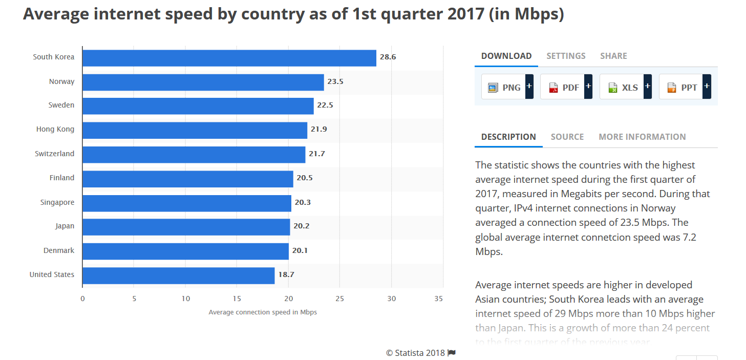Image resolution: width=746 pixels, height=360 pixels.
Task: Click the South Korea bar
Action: [229, 58]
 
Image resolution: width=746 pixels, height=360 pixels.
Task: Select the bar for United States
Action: [178, 276]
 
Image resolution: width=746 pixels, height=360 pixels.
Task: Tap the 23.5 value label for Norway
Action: [335, 81]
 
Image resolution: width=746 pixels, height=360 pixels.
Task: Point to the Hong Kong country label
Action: [55, 129]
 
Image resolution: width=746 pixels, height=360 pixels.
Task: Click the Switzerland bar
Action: [194, 155]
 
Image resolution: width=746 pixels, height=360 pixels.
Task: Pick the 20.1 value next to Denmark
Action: [300, 251]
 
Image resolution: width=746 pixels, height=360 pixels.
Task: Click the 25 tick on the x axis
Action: [340, 299]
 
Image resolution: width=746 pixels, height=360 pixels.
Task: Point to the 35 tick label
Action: [438, 299]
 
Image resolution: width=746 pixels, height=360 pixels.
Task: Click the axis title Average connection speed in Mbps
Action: [263, 312]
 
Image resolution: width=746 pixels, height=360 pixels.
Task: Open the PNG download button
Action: [507, 88]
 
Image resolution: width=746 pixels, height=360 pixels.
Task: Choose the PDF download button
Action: [566, 88]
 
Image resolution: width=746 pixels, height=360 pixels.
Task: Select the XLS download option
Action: [625, 88]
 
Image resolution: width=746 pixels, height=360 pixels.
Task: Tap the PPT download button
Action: [685, 88]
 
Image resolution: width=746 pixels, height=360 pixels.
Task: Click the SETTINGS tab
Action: [566, 56]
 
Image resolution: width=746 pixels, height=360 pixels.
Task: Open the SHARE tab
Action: [613, 56]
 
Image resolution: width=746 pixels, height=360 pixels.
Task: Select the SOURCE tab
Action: [567, 137]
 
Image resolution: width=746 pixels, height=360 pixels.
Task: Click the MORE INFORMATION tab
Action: [642, 137]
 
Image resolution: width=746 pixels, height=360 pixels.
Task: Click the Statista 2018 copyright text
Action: [416, 353]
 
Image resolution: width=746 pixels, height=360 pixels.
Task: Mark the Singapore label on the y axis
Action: [57, 203]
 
